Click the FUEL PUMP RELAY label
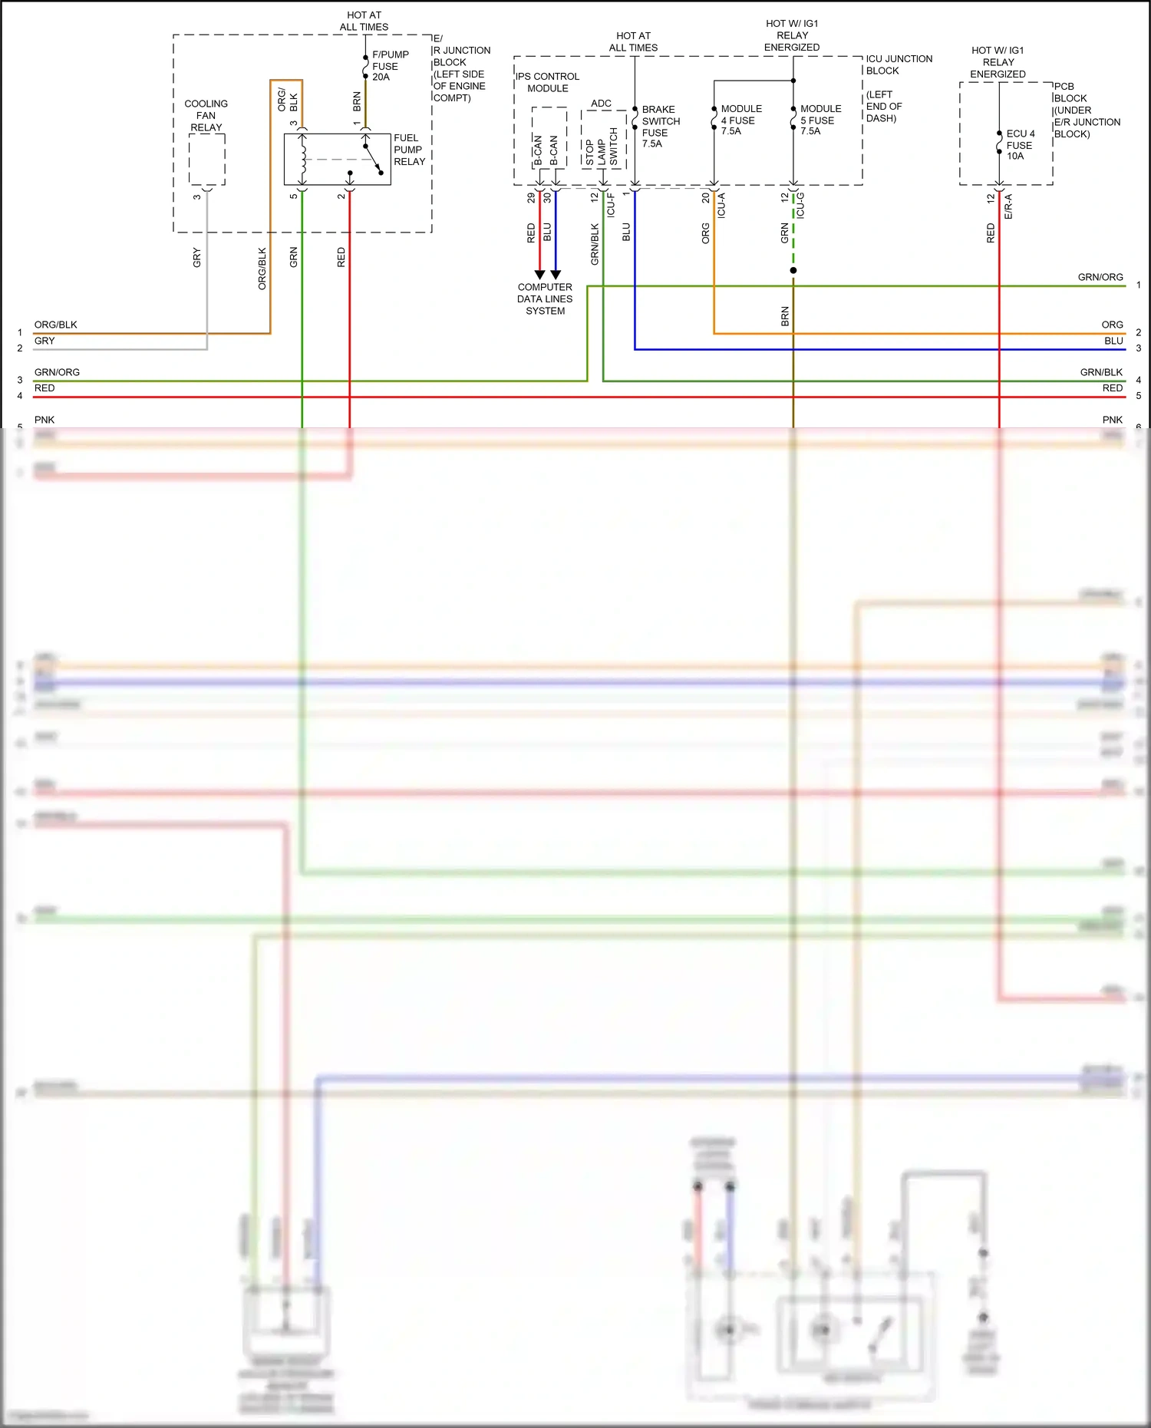pos(409,150)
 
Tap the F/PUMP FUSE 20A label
pos(390,66)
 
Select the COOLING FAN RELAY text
pos(206,115)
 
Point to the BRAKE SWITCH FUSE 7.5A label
pos(661,127)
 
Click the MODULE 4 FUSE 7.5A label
pos(740,120)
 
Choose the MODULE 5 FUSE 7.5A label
pos(820,120)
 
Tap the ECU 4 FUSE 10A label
pos(1020,144)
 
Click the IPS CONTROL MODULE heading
pos(547,82)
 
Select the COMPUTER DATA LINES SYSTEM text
pos(545,298)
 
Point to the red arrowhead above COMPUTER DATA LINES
pos(539,274)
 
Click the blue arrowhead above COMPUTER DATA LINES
pos(556,274)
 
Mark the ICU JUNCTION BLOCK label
pos(899,64)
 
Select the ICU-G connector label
pos(800,206)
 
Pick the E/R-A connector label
pos(1008,206)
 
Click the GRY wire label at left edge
pos(45,341)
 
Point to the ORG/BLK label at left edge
pos(55,325)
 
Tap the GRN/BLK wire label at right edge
pos(1100,372)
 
